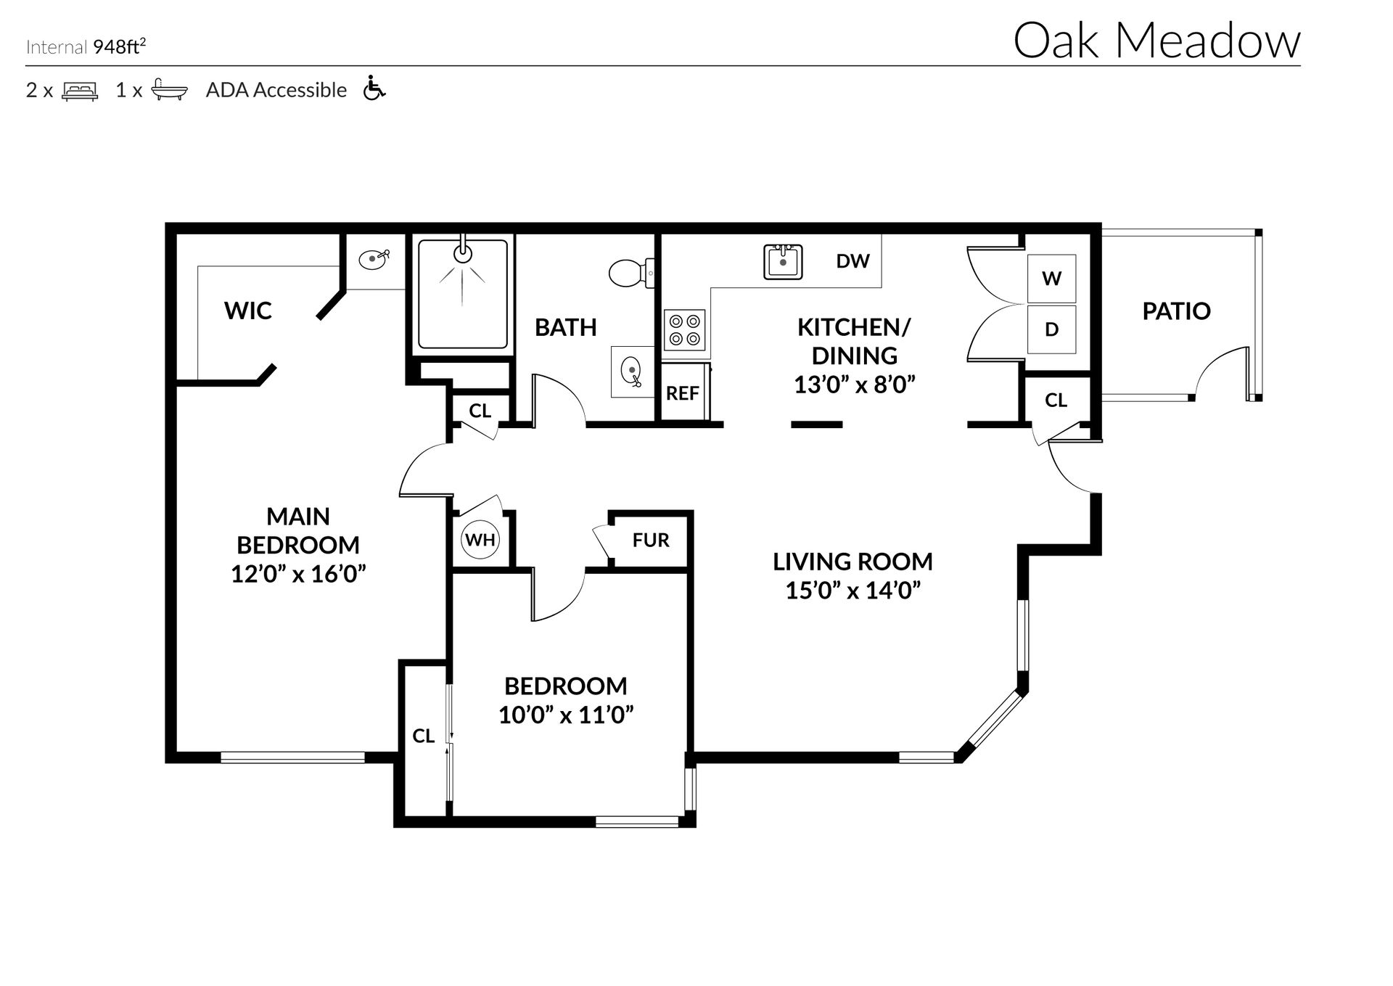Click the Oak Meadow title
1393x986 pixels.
tap(1156, 41)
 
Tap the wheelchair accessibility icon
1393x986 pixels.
tap(374, 89)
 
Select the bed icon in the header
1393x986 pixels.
tap(80, 91)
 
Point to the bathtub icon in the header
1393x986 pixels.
tap(169, 90)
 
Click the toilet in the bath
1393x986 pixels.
tap(629, 273)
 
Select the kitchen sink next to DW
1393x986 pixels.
tap(783, 262)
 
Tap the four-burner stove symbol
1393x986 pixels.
tap(685, 329)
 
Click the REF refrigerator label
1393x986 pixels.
tap(682, 394)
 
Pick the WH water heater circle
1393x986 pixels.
tap(480, 540)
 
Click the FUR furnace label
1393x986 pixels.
tap(650, 541)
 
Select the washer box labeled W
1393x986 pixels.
tap(1051, 279)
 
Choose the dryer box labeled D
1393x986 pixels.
tap(1051, 329)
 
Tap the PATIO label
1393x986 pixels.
tap(1176, 311)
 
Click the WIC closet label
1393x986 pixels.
tap(247, 311)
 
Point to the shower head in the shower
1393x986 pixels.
tap(462, 252)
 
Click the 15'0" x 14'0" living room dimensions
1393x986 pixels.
tap(852, 591)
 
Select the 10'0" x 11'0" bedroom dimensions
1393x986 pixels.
tap(566, 715)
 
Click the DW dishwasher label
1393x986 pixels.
tap(852, 261)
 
